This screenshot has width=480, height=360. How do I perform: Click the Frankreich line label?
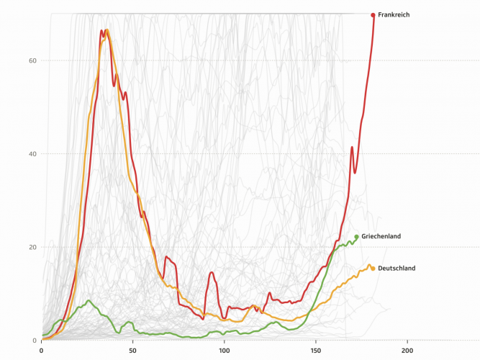click(x=394, y=14)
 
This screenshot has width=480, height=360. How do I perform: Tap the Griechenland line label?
click(x=381, y=236)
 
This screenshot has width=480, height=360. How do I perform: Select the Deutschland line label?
click(x=397, y=269)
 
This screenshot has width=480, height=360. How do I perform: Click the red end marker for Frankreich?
click(x=373, y=14)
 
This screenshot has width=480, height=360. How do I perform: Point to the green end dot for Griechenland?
click(x=356, y=237)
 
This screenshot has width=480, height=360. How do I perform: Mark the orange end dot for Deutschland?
click(x=371, y=269)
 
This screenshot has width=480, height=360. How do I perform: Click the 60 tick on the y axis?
click(x=32, y=60)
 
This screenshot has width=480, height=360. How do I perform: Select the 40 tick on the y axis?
click(x=32, y=154)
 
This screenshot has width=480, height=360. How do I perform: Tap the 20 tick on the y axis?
click(x=32, y=247)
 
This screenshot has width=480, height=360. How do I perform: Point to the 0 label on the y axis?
click(x=35, y=341)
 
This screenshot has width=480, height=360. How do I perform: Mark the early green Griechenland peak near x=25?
click(x=89, y=300)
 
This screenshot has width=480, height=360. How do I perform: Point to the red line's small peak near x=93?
click(x=212, y=272)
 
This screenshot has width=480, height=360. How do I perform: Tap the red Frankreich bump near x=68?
click(x=166, y=256)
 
